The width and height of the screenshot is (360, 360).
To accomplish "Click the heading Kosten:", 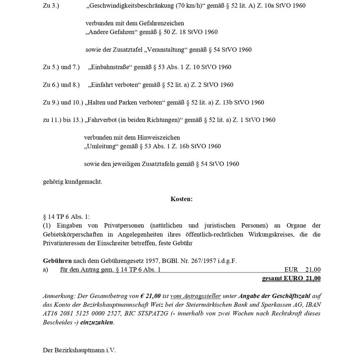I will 181,199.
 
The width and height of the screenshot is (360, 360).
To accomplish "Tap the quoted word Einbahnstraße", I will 111,67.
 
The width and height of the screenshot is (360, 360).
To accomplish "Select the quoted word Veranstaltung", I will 165,50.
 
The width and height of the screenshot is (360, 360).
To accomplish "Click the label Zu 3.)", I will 51,6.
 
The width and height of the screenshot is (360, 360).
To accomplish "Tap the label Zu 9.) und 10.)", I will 63,102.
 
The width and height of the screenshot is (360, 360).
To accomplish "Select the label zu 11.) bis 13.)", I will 63,120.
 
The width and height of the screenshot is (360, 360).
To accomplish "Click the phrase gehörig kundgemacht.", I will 72,182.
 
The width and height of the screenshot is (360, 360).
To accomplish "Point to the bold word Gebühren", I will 57,261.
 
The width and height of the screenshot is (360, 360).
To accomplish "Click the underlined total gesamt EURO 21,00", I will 291,278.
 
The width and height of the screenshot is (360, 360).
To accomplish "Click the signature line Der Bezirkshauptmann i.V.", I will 79,350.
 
